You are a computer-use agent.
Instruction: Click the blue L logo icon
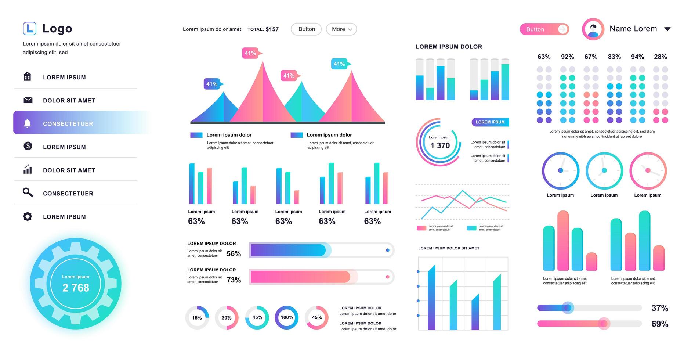coord(29,28)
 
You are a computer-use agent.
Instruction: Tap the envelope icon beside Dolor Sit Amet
coord(28,100)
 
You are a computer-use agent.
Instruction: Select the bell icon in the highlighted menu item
coord(27,123)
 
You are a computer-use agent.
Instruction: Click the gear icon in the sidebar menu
coord(28,216)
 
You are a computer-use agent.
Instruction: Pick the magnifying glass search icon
coord(28,192)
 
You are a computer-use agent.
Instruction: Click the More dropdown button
coord(341,29)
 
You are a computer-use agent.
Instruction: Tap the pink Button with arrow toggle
coord(544,29)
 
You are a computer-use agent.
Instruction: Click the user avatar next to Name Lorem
coord(593,29)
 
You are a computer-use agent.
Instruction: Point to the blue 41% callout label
coord(212,84)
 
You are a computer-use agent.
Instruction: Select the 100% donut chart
coord(287,317)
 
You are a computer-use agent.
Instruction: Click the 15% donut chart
coord(197,317)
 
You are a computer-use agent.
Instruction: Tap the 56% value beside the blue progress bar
coord(234,254)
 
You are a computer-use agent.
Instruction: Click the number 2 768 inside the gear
coord(76,288)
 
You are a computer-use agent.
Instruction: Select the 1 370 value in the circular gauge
coord(440,145)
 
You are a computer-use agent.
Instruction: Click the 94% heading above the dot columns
coord(637,57)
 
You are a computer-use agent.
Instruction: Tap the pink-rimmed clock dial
coord(648,171)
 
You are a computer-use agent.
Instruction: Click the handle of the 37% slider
coord(568,308)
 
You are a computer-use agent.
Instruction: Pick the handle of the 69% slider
coord(603,324)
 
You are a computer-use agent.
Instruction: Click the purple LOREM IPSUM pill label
coord(490,122)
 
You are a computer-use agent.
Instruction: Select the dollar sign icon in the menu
coord(28,146)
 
